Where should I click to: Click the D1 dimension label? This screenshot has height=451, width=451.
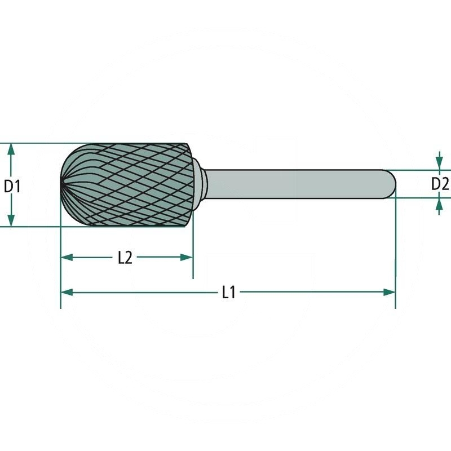click(x=12, y=185)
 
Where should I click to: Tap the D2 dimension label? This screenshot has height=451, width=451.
click(x=440, y=184)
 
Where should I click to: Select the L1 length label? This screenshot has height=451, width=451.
click(x=228, y=292)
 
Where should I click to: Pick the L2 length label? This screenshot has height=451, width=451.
click(x=125, y=258)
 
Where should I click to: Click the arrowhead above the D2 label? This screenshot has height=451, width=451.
click(x=439, y=163)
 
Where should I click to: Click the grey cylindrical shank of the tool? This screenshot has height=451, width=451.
click(x=293, y=184)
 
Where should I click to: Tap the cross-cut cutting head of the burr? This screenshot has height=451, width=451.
click(x=130, y=185)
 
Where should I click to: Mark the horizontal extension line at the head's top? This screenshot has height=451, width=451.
click(x=34, y=143)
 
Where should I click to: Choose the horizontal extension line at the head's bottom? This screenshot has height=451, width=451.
click(x=34, y=227)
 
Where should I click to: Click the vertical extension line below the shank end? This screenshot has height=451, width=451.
click(x=395, y=254)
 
